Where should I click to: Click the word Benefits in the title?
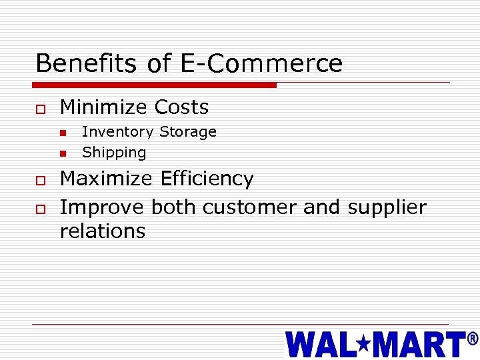[87, 63]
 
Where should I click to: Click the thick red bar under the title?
[155, 85]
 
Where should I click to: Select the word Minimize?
[103, 107]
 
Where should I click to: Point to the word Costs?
[181, 107]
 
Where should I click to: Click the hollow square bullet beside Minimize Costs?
[41, 108]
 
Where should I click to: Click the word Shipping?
[114, 153]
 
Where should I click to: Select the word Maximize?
[107, 179]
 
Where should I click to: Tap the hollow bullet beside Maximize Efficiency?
[41, 180]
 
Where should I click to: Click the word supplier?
[387, 207]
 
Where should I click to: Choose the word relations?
[103, 231]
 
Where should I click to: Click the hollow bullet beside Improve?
[41, 208]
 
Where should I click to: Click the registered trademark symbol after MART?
[473, 339]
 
